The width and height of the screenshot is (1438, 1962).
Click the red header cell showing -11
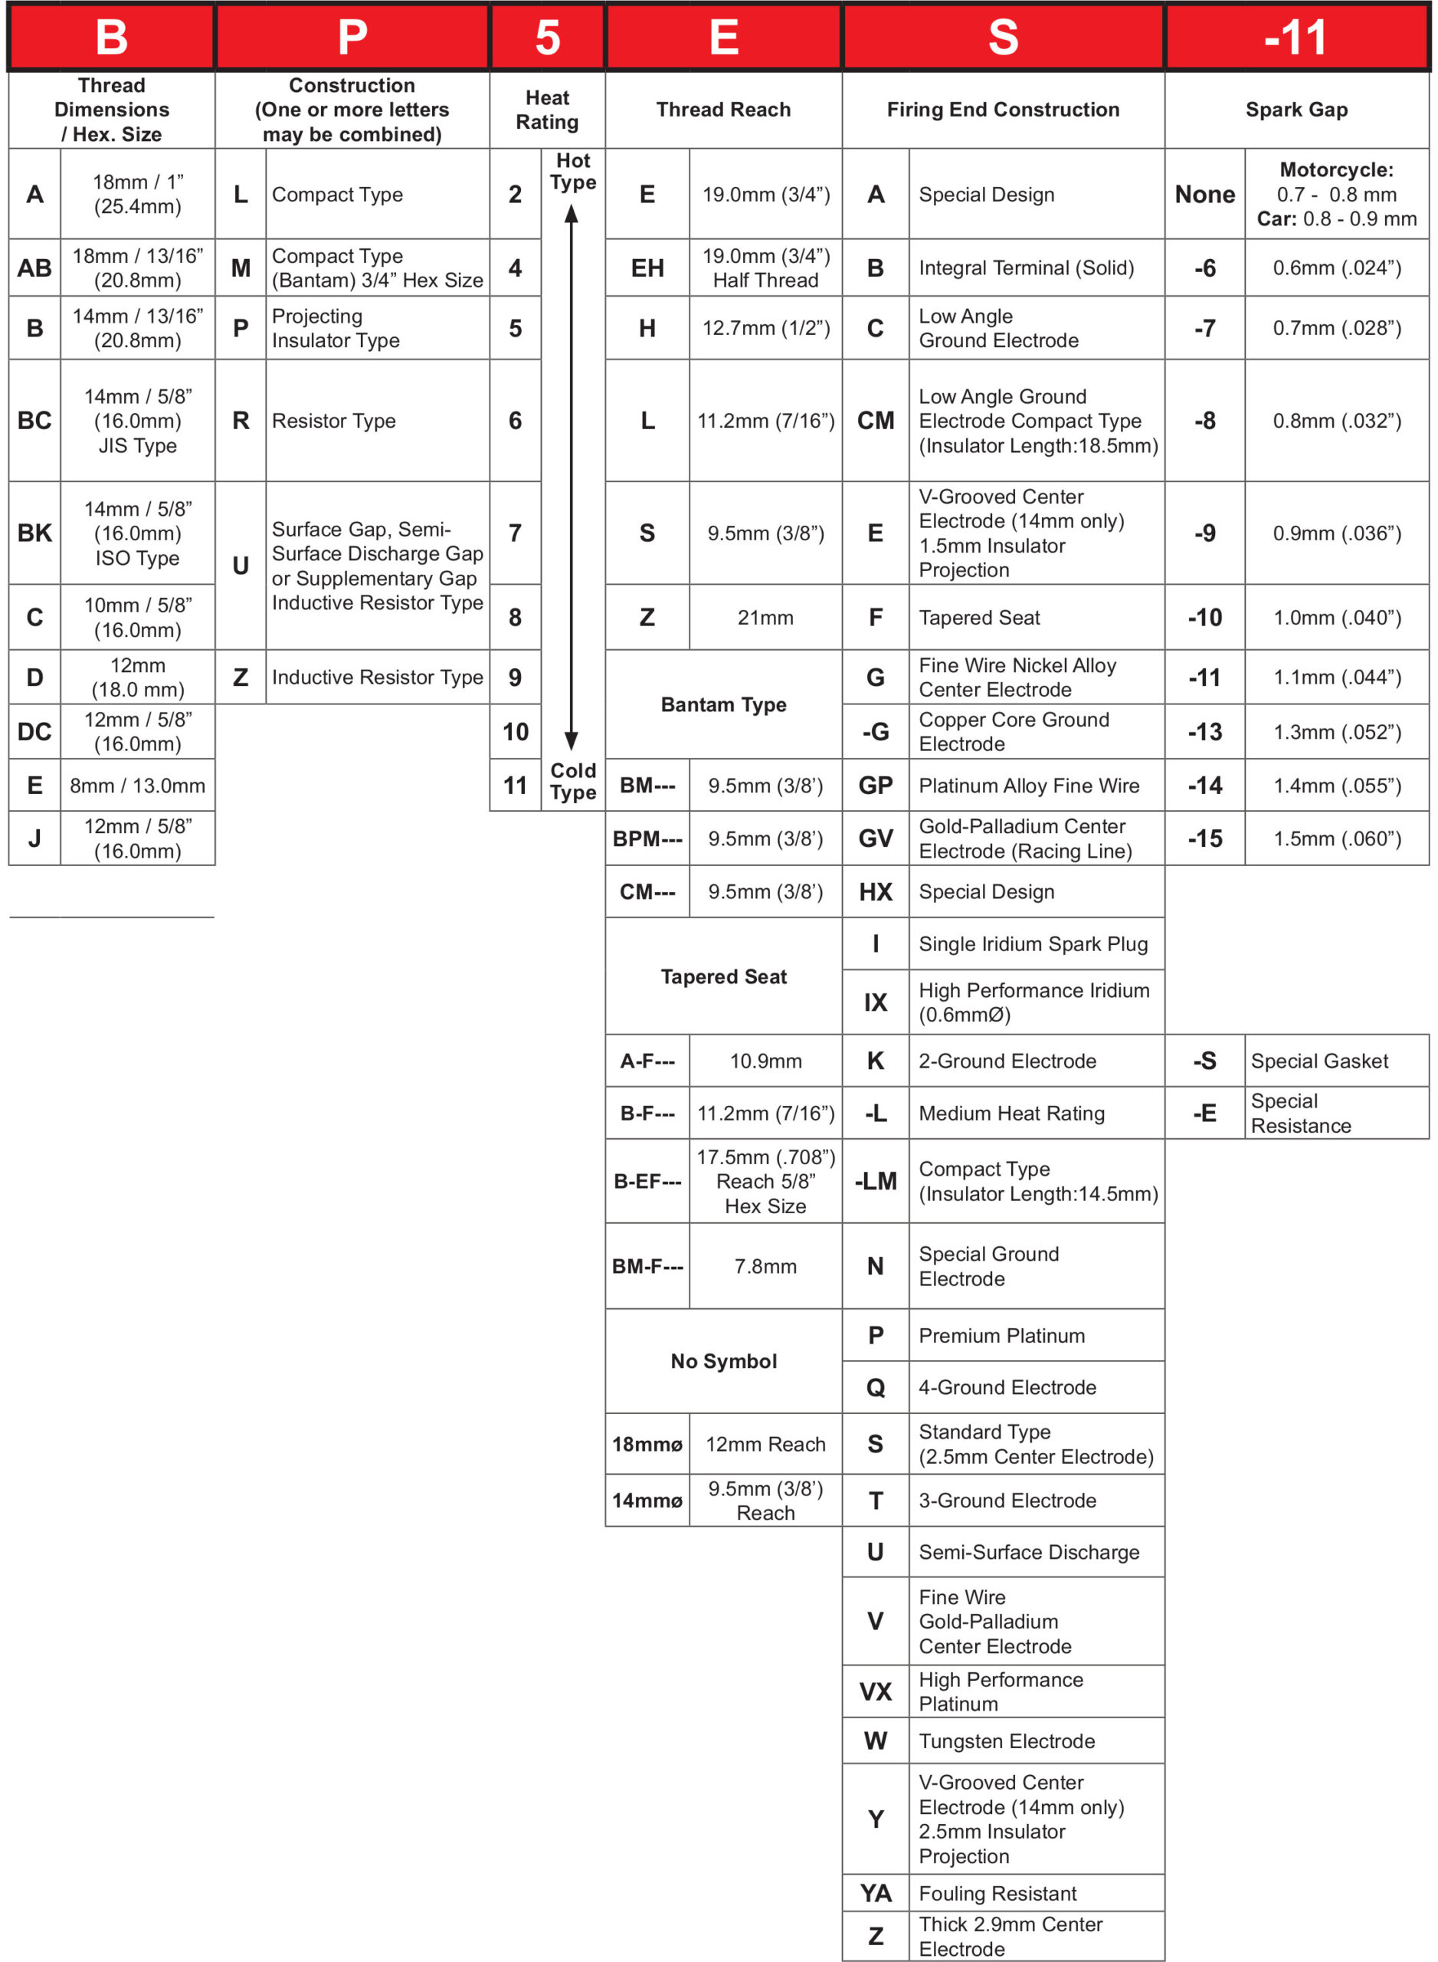coord(1296,38)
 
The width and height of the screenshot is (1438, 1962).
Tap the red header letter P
coord(352,38)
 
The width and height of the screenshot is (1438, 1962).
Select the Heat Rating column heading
coord(547,110)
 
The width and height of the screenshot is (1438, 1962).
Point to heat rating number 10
coord(516,731)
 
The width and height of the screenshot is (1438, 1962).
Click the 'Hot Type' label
coord(573,172)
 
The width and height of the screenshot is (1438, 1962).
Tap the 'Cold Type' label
coord(573,781)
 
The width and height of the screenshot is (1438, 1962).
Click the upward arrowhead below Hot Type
coord(571,215)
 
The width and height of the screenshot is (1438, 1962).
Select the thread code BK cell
coord(34,533)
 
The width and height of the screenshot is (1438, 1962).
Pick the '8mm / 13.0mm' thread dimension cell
coord(138,786)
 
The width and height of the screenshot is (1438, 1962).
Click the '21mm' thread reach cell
coord(765,618)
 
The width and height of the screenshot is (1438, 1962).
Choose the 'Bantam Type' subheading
coord(723,704)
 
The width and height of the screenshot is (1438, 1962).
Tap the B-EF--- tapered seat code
coord(647,1181)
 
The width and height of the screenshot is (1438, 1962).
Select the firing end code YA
coord(876,1893)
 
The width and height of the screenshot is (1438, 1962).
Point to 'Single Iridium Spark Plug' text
coord(1033,944)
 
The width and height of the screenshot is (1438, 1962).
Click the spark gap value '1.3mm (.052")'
coord(1337,731)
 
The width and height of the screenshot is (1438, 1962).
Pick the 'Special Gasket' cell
coord(1319,1061)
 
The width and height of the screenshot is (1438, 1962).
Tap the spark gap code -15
coord(1204,838)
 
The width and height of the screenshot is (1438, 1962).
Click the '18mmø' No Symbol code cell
coord(647,1444)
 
